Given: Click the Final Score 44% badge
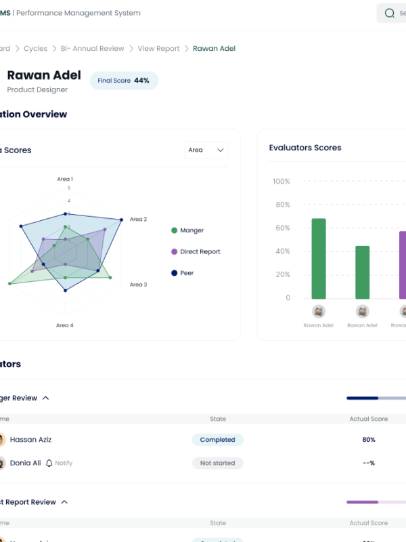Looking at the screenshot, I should [124, 81].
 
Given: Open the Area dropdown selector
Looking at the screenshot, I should [206, 150].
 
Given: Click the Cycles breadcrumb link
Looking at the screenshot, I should [36, 49].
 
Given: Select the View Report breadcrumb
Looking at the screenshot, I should [159, 49].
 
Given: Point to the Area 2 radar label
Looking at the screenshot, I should [138, 220].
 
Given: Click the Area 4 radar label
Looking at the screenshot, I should [65, 325].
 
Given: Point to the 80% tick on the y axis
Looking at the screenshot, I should [281, 205].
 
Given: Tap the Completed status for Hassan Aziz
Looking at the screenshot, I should [217, 440].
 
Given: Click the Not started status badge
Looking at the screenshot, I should [217, 463].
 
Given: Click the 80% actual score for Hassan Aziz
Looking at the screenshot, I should [369, 440].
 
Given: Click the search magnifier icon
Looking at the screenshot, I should [389, 13].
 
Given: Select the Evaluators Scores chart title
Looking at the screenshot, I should [305, 148].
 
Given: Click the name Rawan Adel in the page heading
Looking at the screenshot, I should [44, 75].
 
